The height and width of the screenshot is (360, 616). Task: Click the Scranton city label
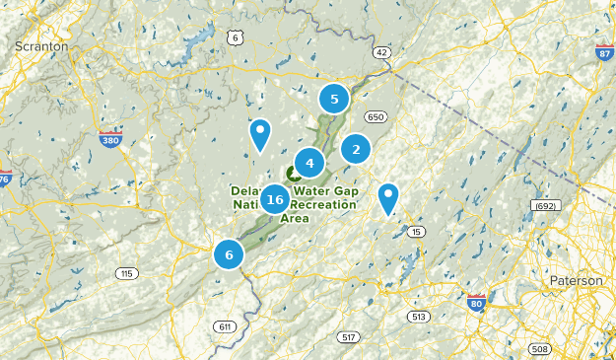coord(40,45)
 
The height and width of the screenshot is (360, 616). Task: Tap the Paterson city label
coord(576,281)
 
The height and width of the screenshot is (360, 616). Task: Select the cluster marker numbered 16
coord(275,200)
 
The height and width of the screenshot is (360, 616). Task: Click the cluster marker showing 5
coord(334,99)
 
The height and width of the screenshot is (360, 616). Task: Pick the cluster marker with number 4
coord(309,163)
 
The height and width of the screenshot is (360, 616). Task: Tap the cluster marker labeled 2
coord(355,149)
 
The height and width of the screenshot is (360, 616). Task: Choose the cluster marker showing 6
coord(229,254)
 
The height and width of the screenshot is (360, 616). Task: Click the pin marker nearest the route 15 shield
coord(388,197)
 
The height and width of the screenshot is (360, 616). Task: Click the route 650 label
coord(375,117)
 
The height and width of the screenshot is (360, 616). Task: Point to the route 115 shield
coord(126,273)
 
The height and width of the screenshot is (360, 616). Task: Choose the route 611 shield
coord(226,326)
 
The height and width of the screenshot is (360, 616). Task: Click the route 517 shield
coord(348,337)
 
